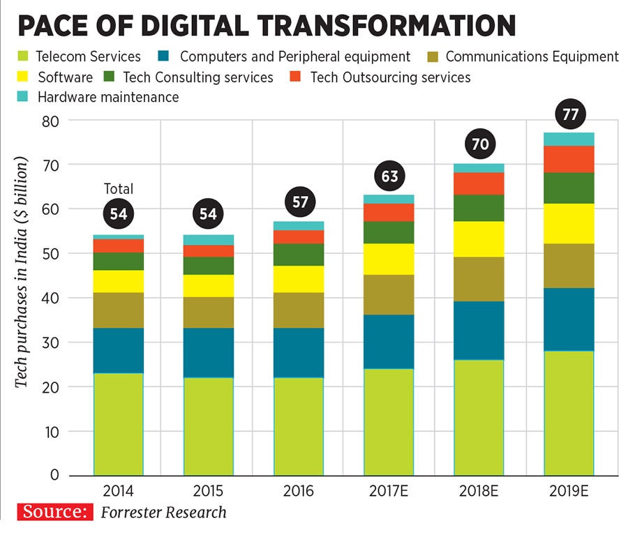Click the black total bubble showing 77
pos(570,114)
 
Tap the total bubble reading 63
pos(389,176)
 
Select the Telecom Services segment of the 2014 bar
pos(118,424)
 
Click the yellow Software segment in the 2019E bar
pos(569,223)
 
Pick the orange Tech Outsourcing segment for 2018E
pos(479,183)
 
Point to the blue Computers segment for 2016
pos(299,353)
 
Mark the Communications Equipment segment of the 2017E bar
pos(389,294)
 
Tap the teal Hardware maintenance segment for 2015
pos(209,240)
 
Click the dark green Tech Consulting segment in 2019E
pos(569,188)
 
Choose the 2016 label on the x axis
pos(299,491)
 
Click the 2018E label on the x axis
pos(479,491)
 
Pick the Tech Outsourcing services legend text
pos(390,77)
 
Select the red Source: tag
pos(55,513)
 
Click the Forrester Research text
pos(163,513)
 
